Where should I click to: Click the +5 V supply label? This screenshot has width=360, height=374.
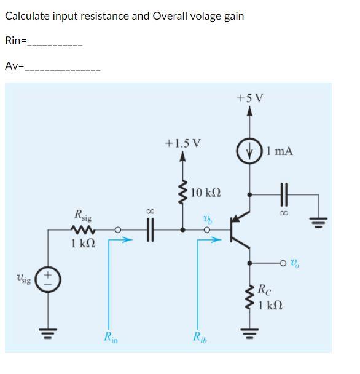tap(249, 98)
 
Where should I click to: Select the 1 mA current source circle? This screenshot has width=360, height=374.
tap(249, 149)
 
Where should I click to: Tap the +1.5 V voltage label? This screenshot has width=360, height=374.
tap(182, 143)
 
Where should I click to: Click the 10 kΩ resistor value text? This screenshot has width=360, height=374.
tap(206, 193)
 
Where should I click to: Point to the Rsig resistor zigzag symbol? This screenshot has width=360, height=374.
tap(81, 230)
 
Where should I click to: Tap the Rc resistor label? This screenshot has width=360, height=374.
tap(263, 288)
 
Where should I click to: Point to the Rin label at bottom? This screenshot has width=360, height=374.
tap(111, 336)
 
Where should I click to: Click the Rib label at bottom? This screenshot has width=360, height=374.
tap(200, 336)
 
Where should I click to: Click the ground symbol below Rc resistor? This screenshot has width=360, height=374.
tap(249, 336)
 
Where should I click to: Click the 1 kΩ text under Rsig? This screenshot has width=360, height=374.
tap(82, 244)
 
